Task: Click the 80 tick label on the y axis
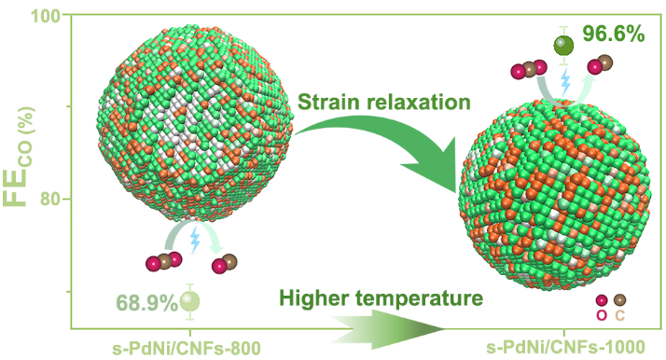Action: click(50, 199)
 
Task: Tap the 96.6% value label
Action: click(614, 34)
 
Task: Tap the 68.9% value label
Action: click(146, 303)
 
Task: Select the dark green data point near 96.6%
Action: click(563, 46)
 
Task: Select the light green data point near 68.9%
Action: click(190, 301)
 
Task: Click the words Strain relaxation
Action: click(384, 103)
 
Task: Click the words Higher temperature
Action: click(381, 298)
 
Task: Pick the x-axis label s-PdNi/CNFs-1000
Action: click(566, 348)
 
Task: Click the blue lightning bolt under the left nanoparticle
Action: click(195, 240)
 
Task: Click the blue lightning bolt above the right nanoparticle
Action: click(565, 80)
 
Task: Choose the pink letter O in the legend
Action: click(602, 315)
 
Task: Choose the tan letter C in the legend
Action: click(619, 315)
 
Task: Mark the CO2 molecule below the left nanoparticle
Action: click(164, 261)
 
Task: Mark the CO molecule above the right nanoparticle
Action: click(600, 64)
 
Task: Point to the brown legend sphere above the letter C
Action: click(619, 299)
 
